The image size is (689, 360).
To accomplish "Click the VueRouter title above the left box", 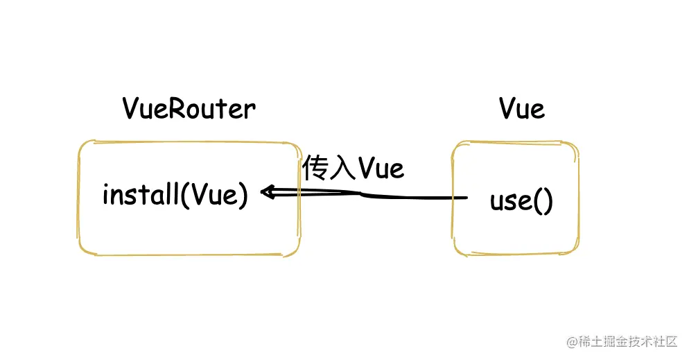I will point(189,109).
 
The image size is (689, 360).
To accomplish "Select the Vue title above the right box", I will point(521,109).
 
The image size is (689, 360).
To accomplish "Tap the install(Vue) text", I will point(175,195).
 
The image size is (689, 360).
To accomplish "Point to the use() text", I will point(521,201).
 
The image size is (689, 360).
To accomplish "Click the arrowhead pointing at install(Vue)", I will point(265,192).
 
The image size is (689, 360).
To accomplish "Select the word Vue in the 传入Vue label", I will point(381,169).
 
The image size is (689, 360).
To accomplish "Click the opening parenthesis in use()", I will point(537,202).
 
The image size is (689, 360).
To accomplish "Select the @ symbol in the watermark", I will point(572,341).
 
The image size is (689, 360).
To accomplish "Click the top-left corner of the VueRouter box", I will point(81,144).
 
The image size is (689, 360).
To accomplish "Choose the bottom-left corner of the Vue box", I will point(455,252).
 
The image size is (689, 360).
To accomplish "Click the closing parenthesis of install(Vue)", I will point(243,196).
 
